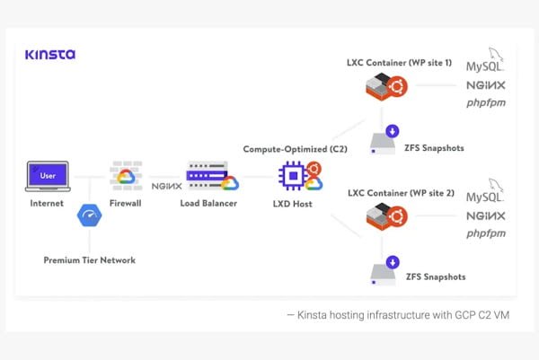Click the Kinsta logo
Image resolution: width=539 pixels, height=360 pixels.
pos(50,54)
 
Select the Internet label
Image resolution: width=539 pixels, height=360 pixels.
pos(47,204)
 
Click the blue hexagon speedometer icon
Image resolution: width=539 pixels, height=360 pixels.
pos(90,216)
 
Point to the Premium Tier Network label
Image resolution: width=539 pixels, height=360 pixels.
pos(90,259)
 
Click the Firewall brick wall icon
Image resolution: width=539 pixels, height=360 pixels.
pos(126,176)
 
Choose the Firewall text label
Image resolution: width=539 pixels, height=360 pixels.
pos(126,204)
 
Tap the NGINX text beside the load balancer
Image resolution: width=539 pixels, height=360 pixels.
pos(168,186)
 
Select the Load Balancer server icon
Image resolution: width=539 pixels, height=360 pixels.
pos(208,175)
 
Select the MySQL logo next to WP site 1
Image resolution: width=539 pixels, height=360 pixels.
pos(486,64)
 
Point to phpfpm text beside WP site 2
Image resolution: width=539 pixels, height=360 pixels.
pos(485,233)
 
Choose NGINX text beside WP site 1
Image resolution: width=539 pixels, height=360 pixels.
pos(485,86)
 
